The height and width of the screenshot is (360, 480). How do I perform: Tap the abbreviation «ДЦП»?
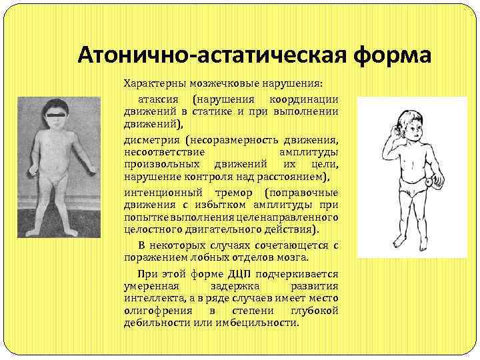[241, 273]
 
